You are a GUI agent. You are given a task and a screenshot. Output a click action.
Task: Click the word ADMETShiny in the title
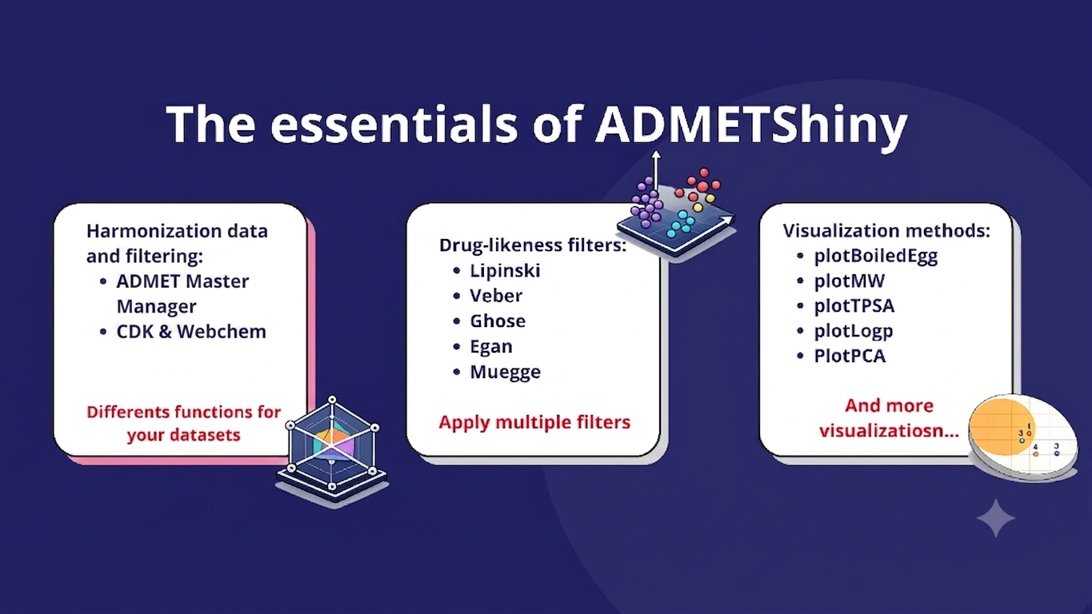pyautogui.click(x=751, y=125)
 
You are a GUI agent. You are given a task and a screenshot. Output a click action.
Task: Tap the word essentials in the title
pyautogui.click(x=394, y=123)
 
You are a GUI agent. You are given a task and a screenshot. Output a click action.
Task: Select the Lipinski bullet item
pyautogui.click(x=505, y=270)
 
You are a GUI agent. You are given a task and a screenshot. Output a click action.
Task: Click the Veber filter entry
pyautogui.click(x=496, y=296)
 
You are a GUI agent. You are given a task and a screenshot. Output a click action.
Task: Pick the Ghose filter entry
pyautogui.click(x=498, y=321)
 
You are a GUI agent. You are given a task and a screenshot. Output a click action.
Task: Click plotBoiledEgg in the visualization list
pyautogui.click(x=875, y=256)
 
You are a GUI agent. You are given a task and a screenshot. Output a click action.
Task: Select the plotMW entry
pyautogui.click(x=850, y=281)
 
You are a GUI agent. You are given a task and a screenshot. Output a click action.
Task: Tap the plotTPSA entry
pyautogui.click(x=854, y=306)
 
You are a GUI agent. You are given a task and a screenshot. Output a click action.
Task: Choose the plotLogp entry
pyautogui.click(x=854, y=331)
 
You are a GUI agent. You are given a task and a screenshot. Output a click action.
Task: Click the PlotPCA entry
pyautogui.click(x=850, y=357)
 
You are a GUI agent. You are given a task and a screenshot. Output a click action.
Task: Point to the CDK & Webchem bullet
pyautogui.click(x=191, y=332)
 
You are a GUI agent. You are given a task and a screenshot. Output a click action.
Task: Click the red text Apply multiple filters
pyautogui.click(x=534, y=422)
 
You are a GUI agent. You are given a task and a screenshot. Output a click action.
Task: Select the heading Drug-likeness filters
pyautogui.click(x=533, y=245)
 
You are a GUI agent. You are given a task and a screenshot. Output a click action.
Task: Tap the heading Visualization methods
pyautogui.click(x=886, y=230)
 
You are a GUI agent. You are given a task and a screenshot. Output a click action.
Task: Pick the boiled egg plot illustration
pyautogui.click(x=1022, y=437)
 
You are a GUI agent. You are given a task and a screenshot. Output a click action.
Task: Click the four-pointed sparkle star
pyautogui.click(x=996, y=518)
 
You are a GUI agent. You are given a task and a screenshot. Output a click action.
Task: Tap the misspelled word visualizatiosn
pyautogui.click(x=889, y=431)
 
